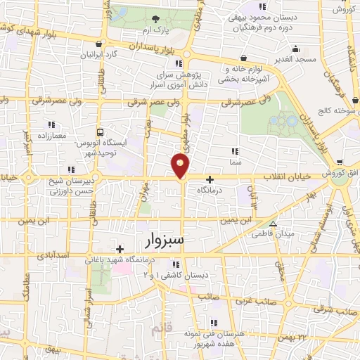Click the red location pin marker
pyautogui.click(x=181, y=166)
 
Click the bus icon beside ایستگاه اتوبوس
pyautogui.click(x=101, y=131)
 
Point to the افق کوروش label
pyautogui.click(x=338, y=173)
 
